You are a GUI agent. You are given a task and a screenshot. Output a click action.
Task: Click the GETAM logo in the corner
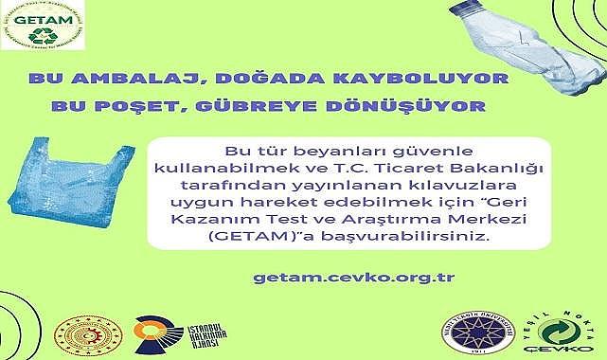coord(42,27)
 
